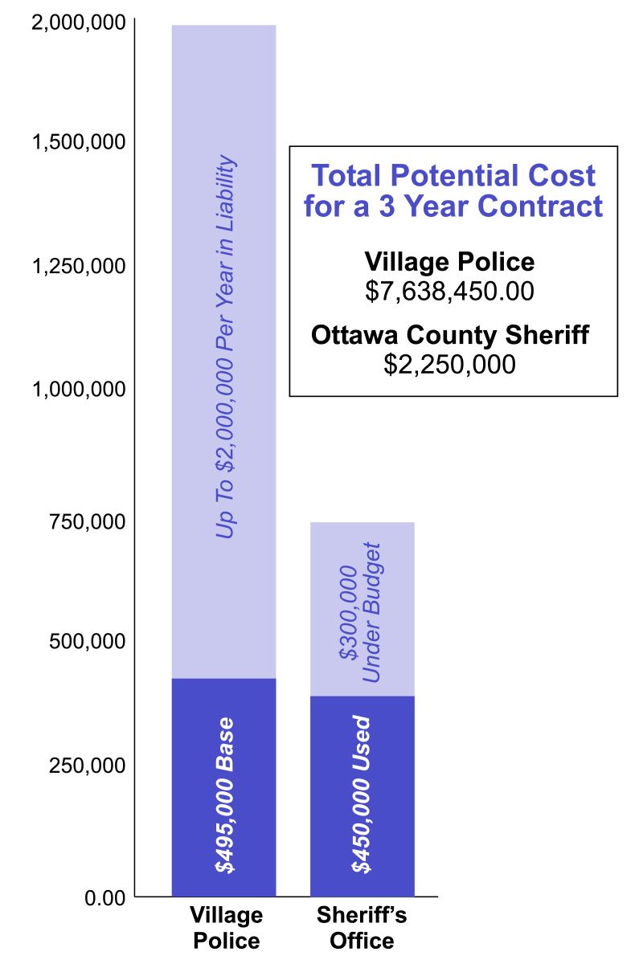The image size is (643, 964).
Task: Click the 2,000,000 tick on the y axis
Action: click(78, 22)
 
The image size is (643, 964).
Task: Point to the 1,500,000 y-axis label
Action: click(78, 142)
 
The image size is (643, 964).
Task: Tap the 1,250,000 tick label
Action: click(78, 267)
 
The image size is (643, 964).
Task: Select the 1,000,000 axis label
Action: click(78, 390)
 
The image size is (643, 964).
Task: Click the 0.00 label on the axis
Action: click(105, 897)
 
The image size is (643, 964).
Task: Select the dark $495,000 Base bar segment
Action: click(223, 787)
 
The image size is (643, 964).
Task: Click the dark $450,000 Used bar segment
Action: click(362, 795)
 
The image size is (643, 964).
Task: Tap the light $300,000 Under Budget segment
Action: click(362, 609)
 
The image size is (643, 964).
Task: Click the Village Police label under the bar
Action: click(225, 928)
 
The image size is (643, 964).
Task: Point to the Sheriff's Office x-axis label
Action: click(354, 928)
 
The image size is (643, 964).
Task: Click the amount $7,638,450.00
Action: click(449, 291)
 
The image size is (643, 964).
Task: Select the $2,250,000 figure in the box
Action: click(449, 364)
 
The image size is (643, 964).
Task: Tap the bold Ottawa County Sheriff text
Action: click(450, 335)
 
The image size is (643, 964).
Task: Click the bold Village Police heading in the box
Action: click(449, 262)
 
